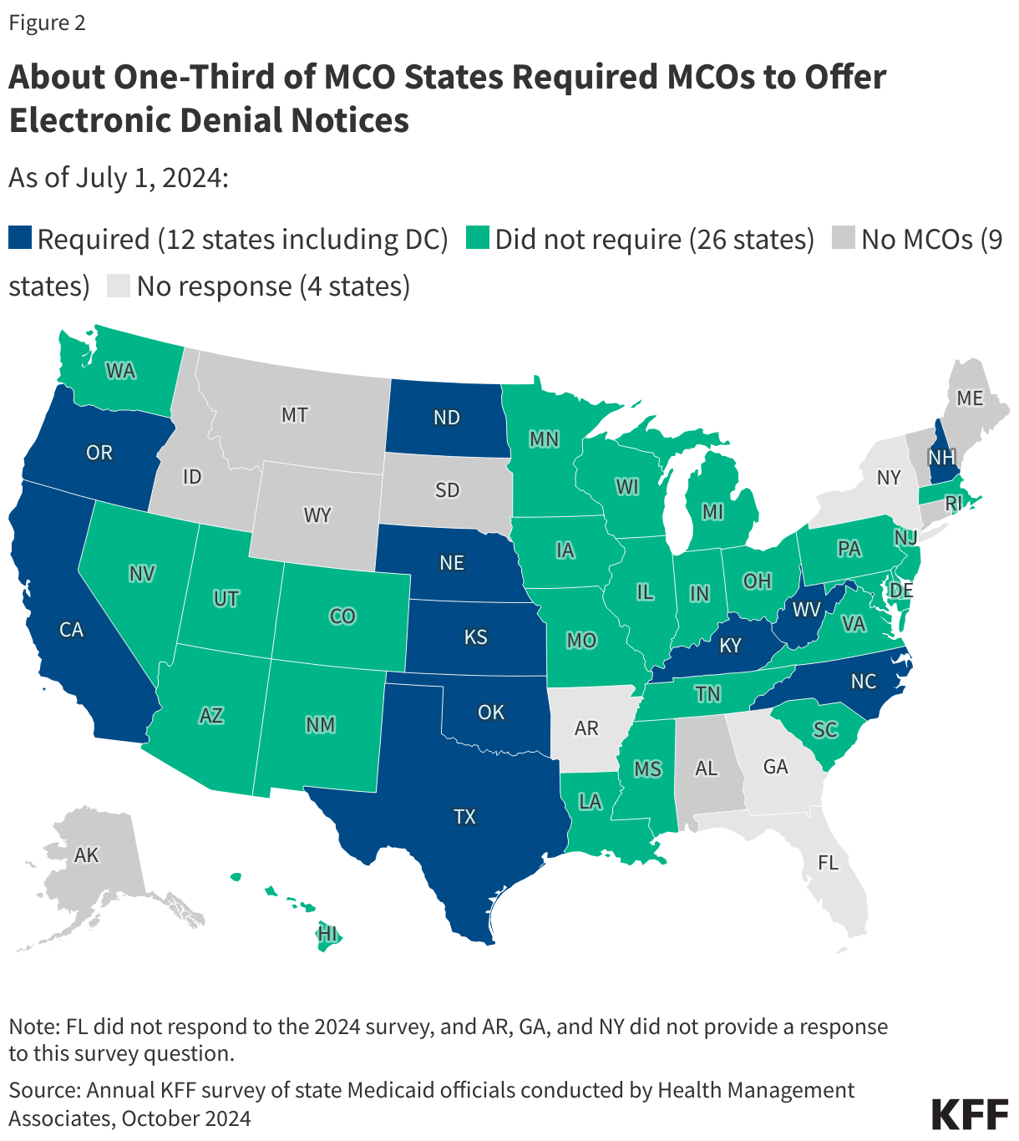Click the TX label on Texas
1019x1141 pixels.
point(464,816)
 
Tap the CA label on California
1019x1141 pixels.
point(72,629)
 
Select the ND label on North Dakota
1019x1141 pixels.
point(447,418)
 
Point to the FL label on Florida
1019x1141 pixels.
point(828,863)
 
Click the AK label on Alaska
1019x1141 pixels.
point(87,854)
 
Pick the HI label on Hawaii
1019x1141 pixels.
point(327,933)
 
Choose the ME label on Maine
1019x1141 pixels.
point(970,398)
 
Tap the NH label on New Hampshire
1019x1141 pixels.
point(941,457)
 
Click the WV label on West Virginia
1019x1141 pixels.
point(807,610)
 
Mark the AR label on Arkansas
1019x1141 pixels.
point(586,728)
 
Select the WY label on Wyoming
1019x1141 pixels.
point(317,515)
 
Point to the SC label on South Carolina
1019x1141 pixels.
point(825,729)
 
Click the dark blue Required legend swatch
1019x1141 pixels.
point(20,238)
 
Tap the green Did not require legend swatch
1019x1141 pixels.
point(478,238)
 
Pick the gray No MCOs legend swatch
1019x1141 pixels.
point(844,238)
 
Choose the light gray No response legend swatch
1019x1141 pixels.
point(119,286)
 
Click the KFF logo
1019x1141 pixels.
point(969,1115)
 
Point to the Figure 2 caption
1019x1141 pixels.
point(47,23)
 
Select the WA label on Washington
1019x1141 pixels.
point(121,370)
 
